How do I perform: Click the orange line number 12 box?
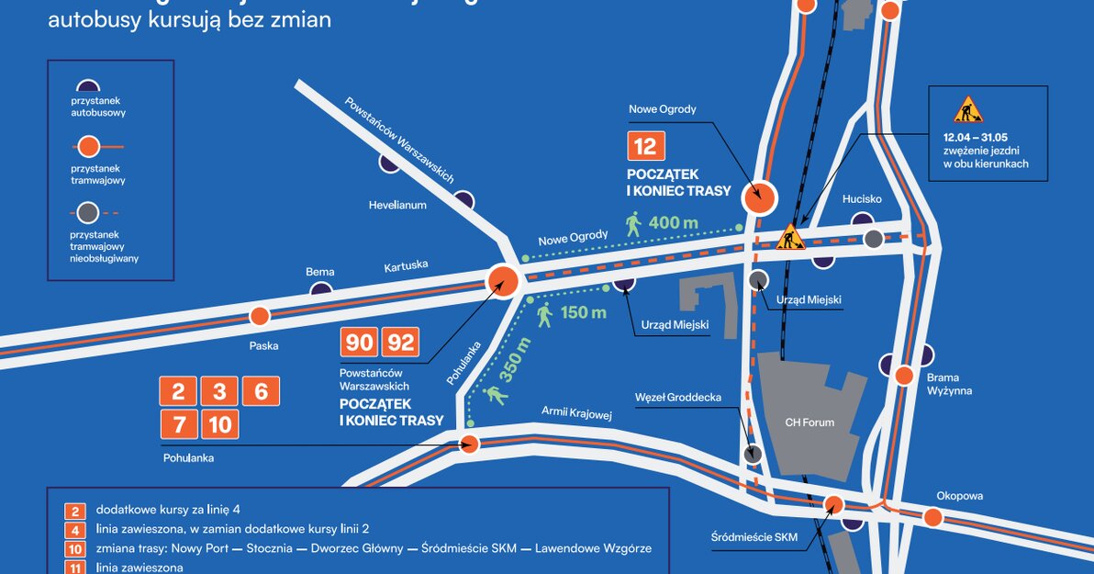[645, 147]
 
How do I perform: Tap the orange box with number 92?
[400, 343]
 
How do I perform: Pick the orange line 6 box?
[261, 391]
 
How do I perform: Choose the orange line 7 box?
[178, 423]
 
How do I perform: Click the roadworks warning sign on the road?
[789, 239]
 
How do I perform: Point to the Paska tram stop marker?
[260, 317]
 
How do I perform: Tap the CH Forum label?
[809, 422]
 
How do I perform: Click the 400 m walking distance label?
[673, 222]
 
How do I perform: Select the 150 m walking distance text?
[583, 312]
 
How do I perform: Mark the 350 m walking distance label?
[517, 358]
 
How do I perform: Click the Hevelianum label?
[397, 205]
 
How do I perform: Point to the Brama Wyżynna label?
[949, 384]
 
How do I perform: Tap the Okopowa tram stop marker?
[932, 517]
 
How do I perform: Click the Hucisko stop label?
[862, 198]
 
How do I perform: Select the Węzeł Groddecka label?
[677, 398]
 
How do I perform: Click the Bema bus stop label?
[320, 272]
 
